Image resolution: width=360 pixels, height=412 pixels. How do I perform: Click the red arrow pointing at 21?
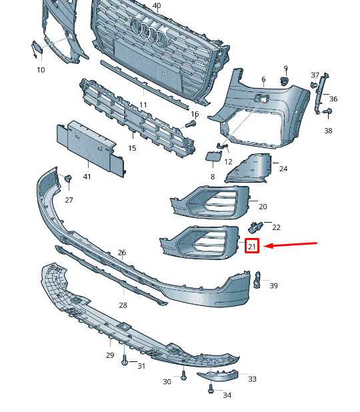291,245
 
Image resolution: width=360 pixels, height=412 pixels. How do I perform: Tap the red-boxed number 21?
252,246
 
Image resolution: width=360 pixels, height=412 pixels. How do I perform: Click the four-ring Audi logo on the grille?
149,31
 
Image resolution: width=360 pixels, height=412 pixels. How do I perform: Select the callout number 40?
157,5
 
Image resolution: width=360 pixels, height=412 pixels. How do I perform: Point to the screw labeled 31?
125,360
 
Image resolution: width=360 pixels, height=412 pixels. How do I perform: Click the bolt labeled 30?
184,375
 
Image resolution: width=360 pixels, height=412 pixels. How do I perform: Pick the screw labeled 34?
211,389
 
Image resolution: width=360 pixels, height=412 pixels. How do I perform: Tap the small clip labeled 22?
255,227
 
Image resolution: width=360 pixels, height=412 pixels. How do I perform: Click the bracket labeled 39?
257,280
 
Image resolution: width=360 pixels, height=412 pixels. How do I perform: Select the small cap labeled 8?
213,156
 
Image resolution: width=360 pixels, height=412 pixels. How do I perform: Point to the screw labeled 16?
191,124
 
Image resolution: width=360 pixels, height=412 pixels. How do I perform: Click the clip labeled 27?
68,178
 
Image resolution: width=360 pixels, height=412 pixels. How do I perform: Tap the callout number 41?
87,177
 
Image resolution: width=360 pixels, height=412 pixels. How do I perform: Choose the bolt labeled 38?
327,111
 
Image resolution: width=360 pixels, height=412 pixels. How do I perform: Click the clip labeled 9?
284,81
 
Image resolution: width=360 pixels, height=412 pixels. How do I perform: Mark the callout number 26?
121,253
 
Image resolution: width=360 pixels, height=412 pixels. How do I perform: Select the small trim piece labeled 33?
218,375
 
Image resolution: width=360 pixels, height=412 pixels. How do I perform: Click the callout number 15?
132,148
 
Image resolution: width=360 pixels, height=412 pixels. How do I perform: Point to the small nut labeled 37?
313,85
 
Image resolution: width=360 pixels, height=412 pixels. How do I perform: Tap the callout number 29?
110,355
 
